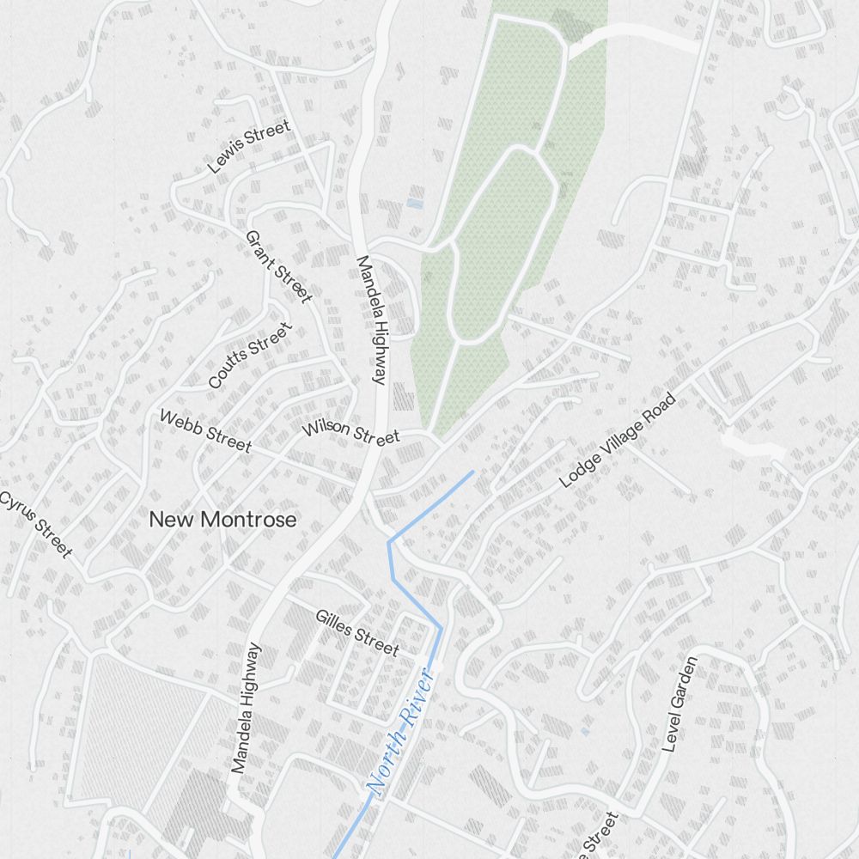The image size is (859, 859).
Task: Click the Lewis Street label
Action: click(x=249, y=147)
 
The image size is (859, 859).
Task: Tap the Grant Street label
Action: click(x=277, y=266)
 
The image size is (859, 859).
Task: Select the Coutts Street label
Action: click(x=250, y=356)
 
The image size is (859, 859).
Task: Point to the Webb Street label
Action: click(x=206, y=431)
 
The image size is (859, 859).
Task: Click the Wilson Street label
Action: click(x=350, y=431)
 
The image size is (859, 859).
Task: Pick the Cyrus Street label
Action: click(x=36, y=525)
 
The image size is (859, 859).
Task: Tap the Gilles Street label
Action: click(x=356, y=631)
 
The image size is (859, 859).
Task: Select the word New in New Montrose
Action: click(x=168, y=520)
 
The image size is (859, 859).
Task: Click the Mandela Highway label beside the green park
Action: click(x=372, y=319)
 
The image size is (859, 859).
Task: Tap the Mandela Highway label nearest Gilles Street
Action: click(x=246, y=708)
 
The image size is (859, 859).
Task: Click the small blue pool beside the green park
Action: click(x=415, y=204)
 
